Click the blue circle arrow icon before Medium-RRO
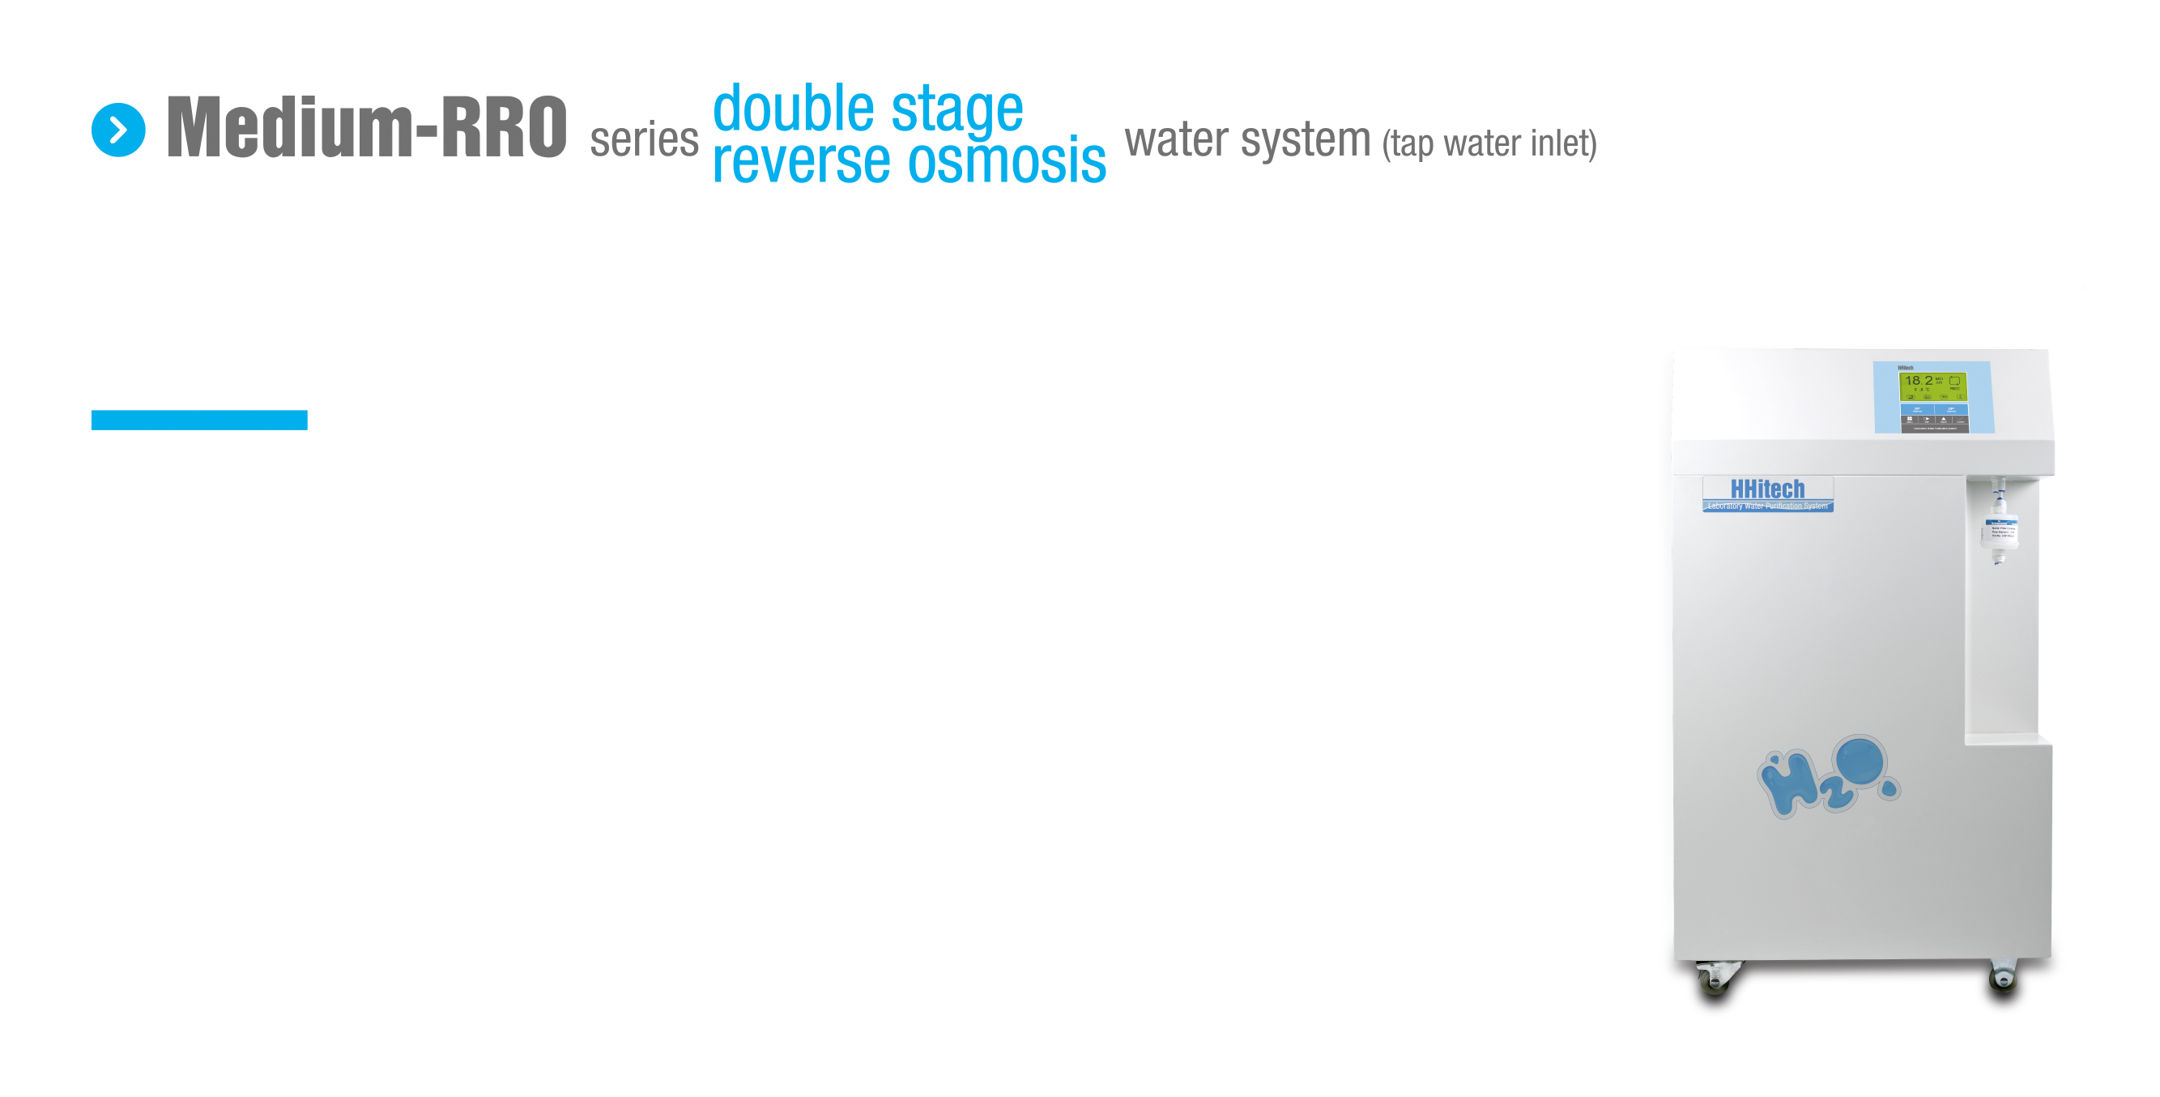118,130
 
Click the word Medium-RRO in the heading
366,127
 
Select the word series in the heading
643,139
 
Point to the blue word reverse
801,161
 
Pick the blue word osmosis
1007,161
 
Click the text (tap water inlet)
1489,143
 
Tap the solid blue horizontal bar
198,420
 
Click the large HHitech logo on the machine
1766,488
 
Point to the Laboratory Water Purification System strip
1766,506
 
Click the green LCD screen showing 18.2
1932,385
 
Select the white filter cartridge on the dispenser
1999,530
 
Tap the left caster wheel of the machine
1713,976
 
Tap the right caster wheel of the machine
2002,975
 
